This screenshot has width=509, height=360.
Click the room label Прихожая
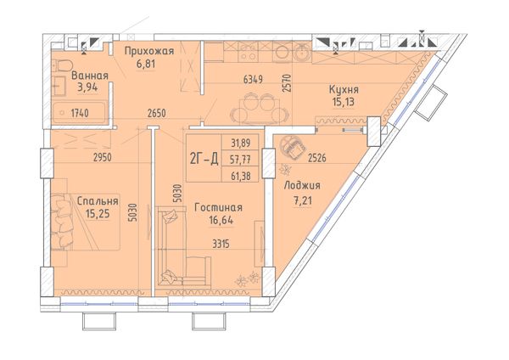(x=149, y=51)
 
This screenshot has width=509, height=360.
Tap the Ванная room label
(x=90, y=76)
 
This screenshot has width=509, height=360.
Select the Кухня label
(x=344, y=89)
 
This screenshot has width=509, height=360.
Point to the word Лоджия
(x=302, y=186)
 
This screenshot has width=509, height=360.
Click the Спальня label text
(x=98, y=201)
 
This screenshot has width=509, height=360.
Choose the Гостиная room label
(x=218, y=208)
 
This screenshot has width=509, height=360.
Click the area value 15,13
(x=343, y=102)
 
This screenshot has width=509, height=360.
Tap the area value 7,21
(x=303, y=200)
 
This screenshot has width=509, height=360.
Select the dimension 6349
(x=253, y=79)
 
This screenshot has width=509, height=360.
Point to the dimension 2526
(x=316, y=158)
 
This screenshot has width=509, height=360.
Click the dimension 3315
(x=221, y=244)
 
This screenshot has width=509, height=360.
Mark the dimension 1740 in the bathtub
(x=80, y=113)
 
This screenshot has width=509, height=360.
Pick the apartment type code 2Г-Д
(x=204, y=160)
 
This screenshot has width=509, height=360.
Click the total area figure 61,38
(x=240, y=176)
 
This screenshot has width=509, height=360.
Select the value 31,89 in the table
(x=240, y=143)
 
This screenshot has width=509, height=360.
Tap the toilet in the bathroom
(x=62, y=66)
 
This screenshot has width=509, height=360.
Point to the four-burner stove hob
(x=248, y=52)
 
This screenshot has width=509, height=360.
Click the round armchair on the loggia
(x=293, y=148)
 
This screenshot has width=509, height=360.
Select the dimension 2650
(x=156, y=114)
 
